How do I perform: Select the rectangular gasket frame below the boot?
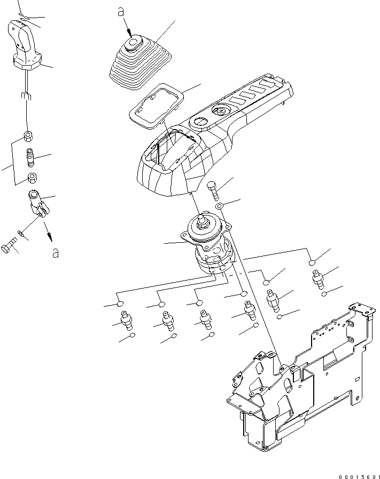point(154,107)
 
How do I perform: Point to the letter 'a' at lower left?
point(55,253)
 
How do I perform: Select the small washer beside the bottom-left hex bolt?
point(21,233)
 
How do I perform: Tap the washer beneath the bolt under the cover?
point(219,206)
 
